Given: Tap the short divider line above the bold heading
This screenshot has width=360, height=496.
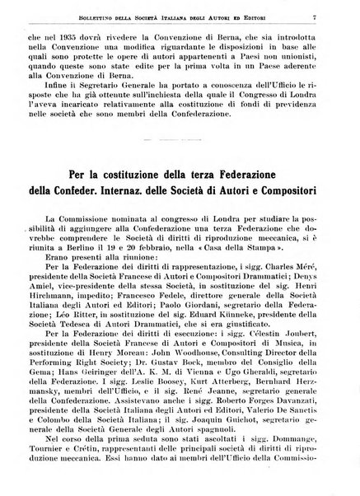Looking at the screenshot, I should pos(180,143).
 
